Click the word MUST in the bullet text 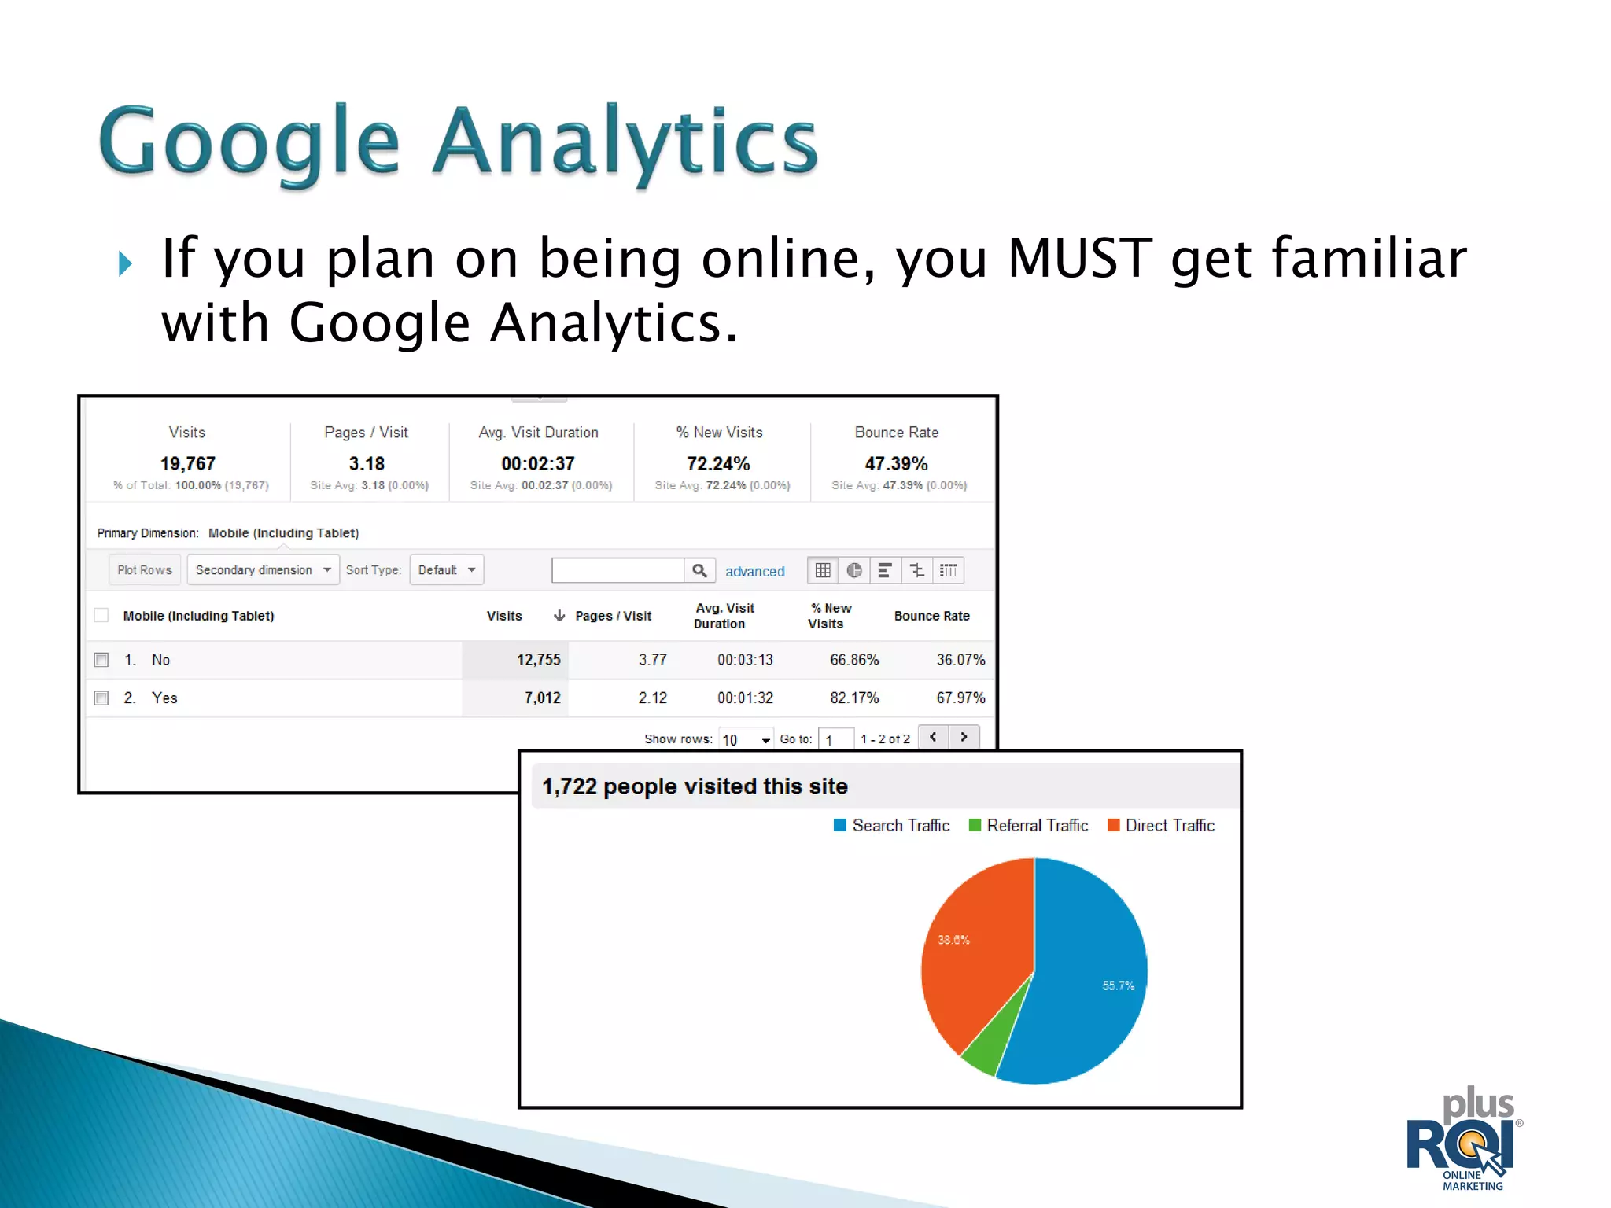[1079, 258]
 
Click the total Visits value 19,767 [188, 463]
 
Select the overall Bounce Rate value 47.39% [896, 463]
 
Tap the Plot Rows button [145, 570]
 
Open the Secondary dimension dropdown [263, 570]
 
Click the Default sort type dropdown [446, 570]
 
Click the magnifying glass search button [699, 570]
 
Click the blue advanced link [754, 572]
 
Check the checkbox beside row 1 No [101, 660]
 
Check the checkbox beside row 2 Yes [101, 698]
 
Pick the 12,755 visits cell [538, 660]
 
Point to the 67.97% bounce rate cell [960, 698]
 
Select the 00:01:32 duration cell [745, 698]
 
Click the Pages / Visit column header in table [613, 616]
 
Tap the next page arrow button [964, 737]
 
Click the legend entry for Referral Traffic [1036, 826]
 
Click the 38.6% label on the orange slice [953, 940]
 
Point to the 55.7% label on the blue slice [1118, 985]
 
